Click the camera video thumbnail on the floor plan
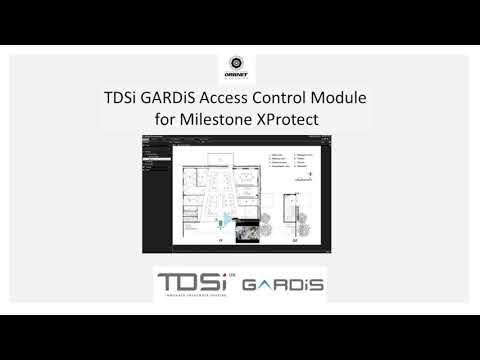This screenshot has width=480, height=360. click(x=243, y=229)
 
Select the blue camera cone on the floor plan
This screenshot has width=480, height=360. click(x=226, y=219)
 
